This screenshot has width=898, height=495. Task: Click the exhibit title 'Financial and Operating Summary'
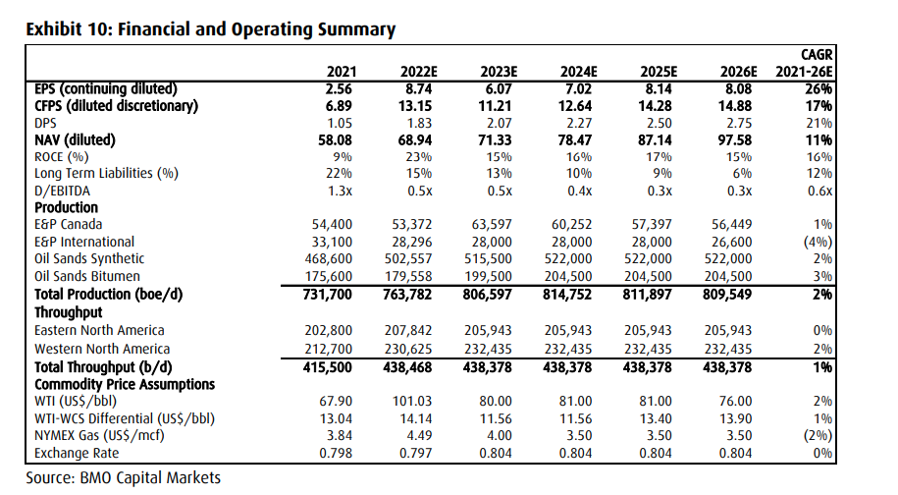pos(256,29)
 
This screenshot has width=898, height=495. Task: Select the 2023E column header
pos(499,72)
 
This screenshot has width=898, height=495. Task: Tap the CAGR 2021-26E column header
pos(804,64)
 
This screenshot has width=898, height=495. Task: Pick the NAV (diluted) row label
pos(75,140)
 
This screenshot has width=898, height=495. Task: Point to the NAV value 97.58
pos(735,140)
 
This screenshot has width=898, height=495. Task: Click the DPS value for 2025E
pos(660,123)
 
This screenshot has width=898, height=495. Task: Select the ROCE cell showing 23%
pos(419,157)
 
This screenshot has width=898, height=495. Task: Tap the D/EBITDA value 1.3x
pos(340,191)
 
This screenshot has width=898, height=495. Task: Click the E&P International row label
pos(84,242)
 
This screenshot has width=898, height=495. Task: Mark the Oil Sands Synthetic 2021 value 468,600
pos(328,259)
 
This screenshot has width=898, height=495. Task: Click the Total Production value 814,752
pos(567,295)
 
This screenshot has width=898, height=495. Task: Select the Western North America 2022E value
pos(407,349)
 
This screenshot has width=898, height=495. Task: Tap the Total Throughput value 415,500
pos(327,367)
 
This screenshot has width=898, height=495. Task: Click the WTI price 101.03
pos(412,402)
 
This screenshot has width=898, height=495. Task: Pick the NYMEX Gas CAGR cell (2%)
pos(818,435)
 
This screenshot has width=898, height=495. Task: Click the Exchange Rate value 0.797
pos(415,453)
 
